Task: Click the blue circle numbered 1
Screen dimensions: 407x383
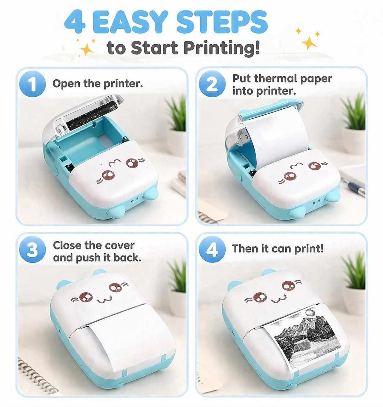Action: coord(32,84)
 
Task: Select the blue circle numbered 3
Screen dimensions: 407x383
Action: coord(32,251)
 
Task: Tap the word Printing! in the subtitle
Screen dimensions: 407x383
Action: coord(221,48)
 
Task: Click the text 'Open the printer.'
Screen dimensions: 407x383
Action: coord(98,84)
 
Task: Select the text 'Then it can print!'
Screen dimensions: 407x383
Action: coord(278,249)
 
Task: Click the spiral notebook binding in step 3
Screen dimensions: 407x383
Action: coord(36,375)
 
